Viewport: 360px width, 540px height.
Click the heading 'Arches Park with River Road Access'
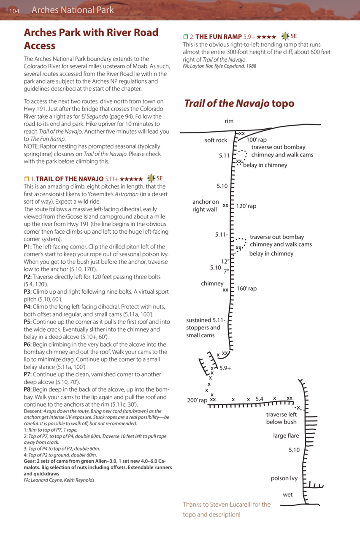[x=91, y=39]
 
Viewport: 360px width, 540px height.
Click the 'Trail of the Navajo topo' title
[x=239, y=104]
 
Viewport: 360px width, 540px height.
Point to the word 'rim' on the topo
[x=229, y=121]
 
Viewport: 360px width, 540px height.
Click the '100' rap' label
[x=257, y=140]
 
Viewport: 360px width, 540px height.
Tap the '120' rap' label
[x=246, y=206]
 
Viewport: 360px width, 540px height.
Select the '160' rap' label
[x=246, y=289]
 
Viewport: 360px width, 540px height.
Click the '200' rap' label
[x=197, y=400]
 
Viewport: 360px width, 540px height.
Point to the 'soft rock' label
[x=216, y=140]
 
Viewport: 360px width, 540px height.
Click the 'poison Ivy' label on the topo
[x=284, y=478]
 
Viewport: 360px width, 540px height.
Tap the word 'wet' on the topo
[x=288, y=494]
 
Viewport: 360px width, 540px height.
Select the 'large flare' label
[x=286, y=436]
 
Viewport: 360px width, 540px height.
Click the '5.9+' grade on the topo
[x=225, y=368]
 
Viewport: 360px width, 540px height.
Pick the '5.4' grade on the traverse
[x=260, y=398]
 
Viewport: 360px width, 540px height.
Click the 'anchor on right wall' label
[x=206, y=206]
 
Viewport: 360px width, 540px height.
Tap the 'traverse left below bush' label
[x=282, y=418]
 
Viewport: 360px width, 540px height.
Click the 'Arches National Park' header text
[x=73, y=10]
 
